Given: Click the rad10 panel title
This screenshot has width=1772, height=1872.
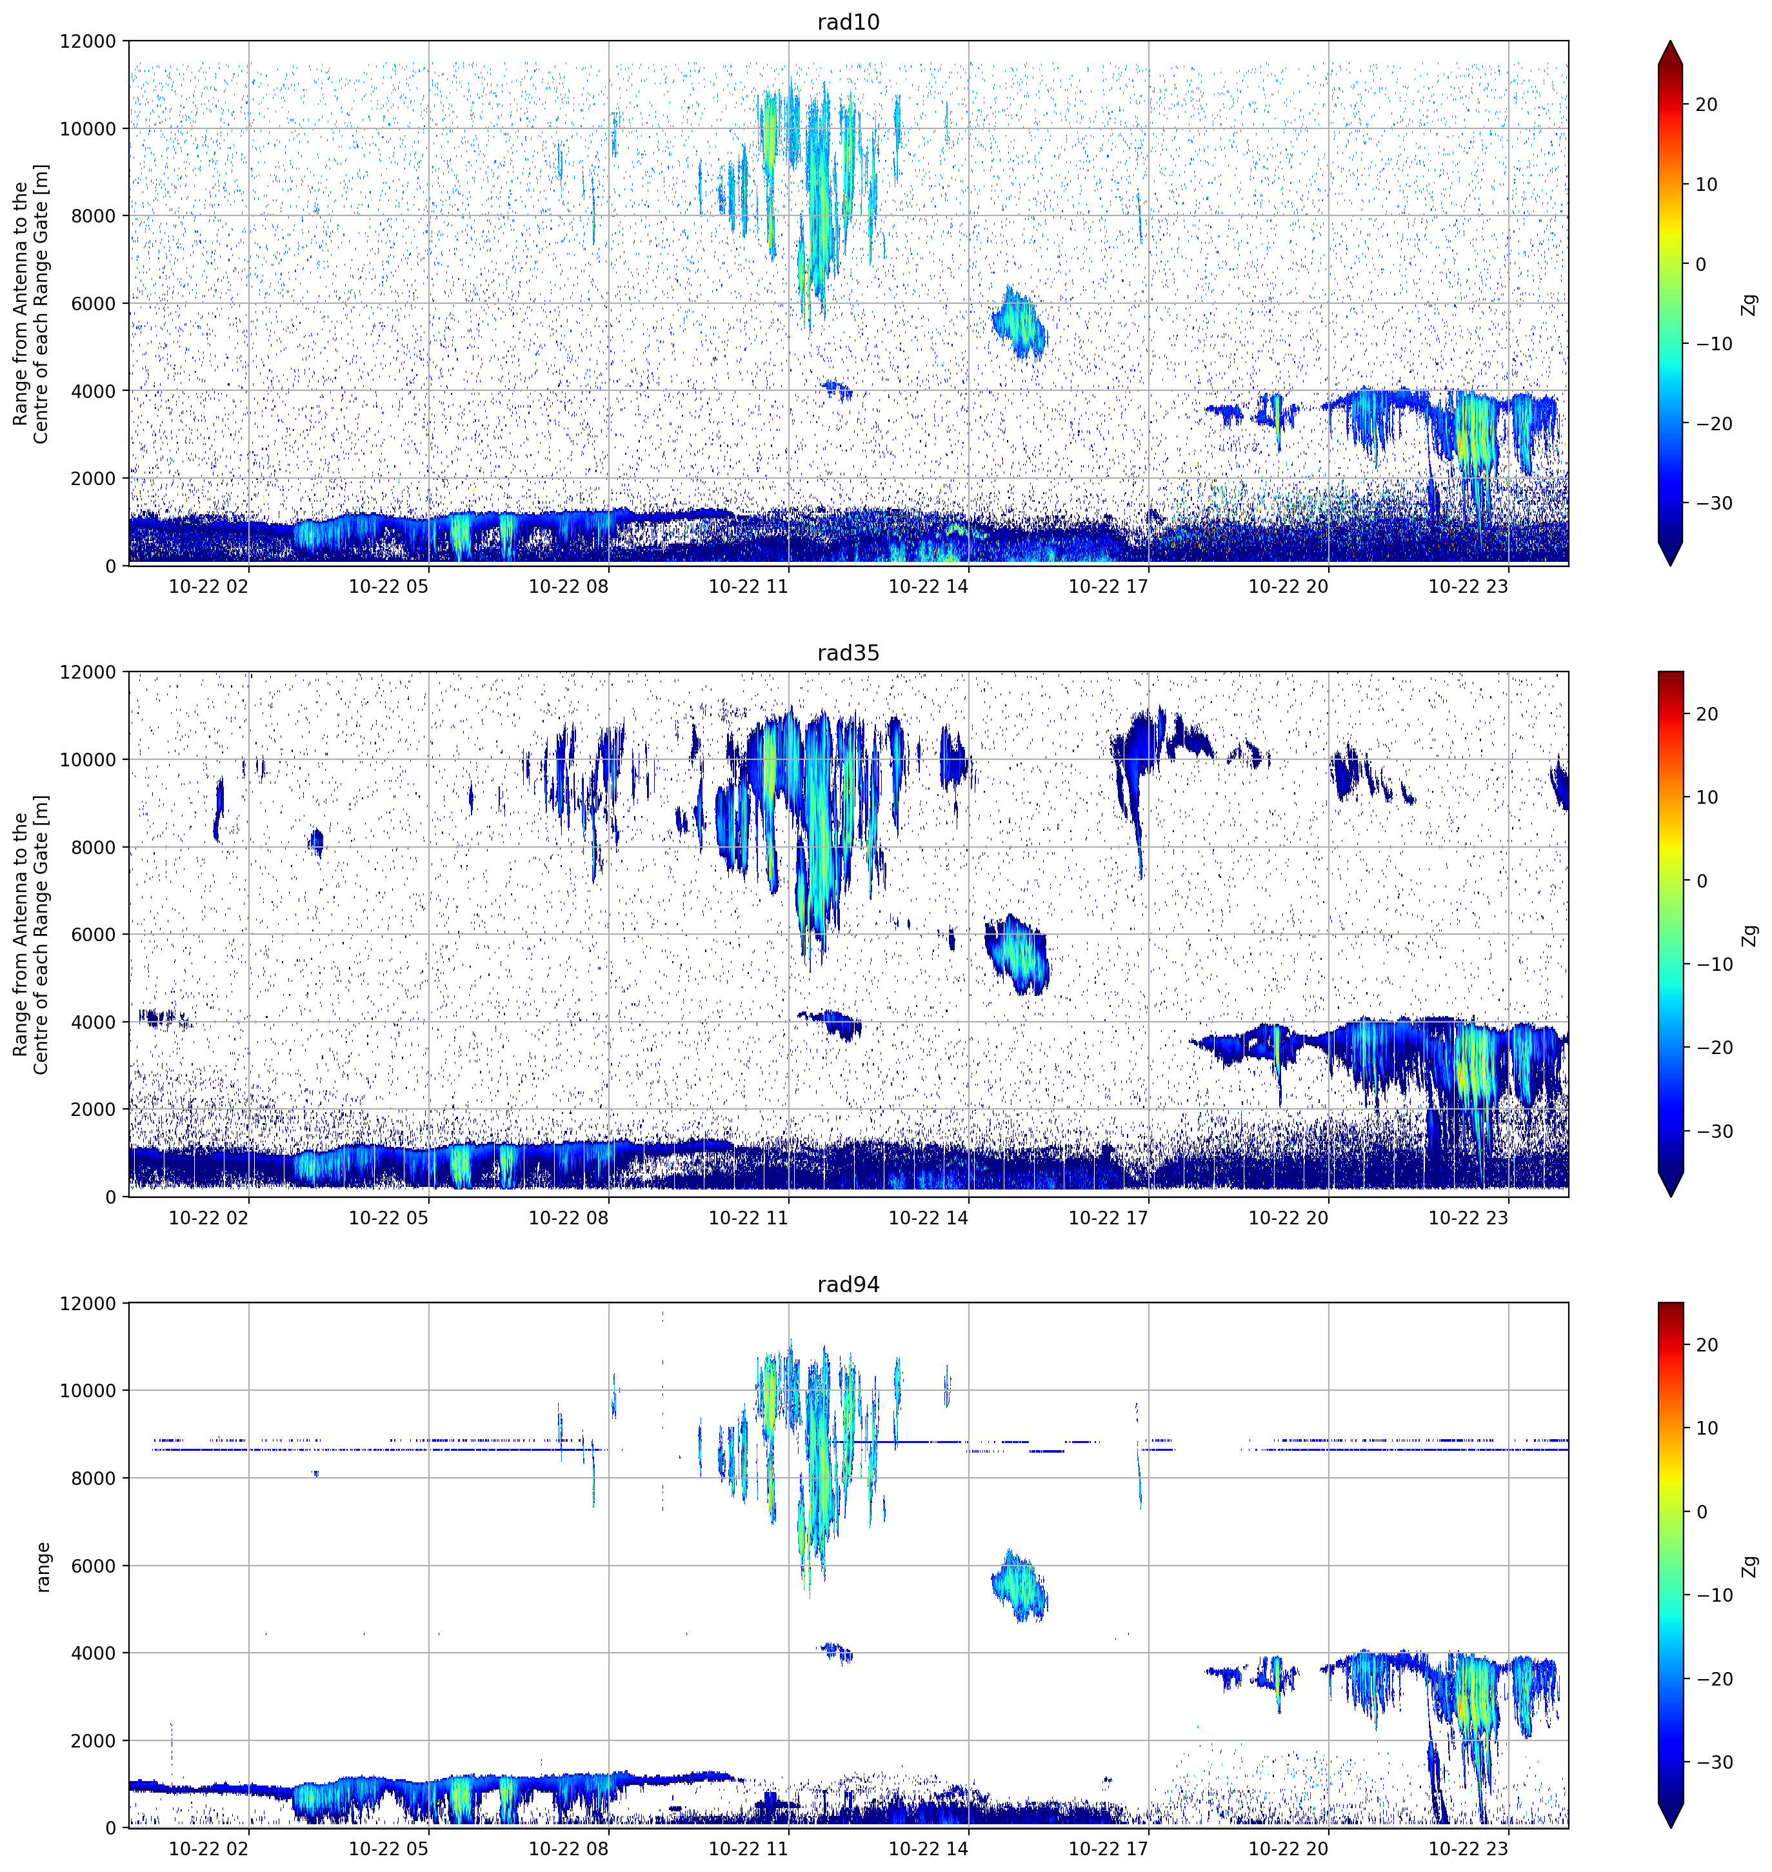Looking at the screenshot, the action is pyautogui.click(x=848, y=22).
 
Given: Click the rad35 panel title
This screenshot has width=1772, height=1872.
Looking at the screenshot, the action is pyautogui.click(x=848, y=653).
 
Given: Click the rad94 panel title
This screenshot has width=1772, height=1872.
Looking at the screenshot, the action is pyautogui.click(x=848, y=1284).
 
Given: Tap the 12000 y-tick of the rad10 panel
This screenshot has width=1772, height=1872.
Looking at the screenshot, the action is pyautogui.click(x=88, y=41).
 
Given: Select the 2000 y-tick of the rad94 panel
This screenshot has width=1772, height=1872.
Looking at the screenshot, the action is pyautogui.click(x=94, y=1740).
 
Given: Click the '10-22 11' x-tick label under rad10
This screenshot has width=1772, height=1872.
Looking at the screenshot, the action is pyautogui.click(x=748, y=586).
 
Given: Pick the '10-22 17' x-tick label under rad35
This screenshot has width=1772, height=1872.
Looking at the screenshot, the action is pyautogui.click(x=1108, y=1217).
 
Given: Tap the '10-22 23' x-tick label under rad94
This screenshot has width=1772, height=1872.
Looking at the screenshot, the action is pyautogui.click(x=1468, y=1848).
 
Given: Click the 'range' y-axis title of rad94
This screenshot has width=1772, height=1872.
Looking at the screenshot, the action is pyautogui.click(x=43, y=1566).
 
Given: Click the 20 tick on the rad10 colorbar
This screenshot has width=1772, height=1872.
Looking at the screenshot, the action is pyautogui.click(x=1706, y=105).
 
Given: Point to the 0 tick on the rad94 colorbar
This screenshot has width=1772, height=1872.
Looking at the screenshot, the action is pyautogui.click(x=1701, y=1512).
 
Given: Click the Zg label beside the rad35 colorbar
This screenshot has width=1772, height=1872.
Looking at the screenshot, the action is pyautogui.click(x=1750, y=935).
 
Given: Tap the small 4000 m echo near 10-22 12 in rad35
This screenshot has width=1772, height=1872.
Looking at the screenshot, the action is pyautogui.click(x=832, y=1024).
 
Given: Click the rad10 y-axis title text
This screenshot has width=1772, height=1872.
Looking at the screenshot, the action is pyautogui.click(x=30, y=303).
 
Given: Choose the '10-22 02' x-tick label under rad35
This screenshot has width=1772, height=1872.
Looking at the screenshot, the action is pyautogui.click(x=208, y=1217).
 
